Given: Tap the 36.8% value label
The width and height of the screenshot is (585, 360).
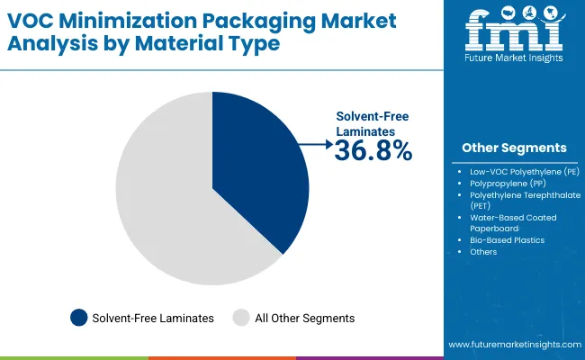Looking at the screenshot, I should coord(373,151).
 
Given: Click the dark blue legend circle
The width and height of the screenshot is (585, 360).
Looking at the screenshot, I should coord(79,317).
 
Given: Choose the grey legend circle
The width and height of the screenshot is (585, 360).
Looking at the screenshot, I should coord(240,317).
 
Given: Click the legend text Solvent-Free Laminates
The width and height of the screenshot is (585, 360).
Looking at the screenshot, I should coord(153,318).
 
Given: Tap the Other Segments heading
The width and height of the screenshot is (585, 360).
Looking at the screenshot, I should coord(514,148).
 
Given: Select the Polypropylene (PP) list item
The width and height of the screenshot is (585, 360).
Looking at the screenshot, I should coord(507,182).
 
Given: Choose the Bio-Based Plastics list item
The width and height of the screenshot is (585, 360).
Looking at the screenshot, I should coord(507,240).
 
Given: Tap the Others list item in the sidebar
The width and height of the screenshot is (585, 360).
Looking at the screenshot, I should coord(483,252).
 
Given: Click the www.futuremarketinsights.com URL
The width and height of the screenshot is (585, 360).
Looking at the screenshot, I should coord(512,345).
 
